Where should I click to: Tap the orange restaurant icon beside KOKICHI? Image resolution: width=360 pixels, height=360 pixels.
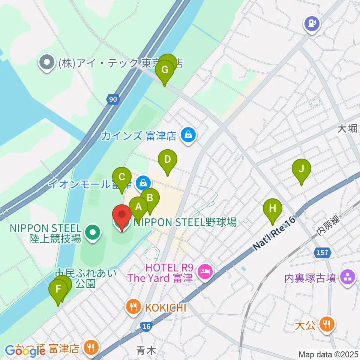[x=133, y=307]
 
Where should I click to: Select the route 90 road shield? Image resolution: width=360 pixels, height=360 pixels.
[x=113, y=99]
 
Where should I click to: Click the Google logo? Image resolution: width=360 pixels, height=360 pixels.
[x=25, y=350]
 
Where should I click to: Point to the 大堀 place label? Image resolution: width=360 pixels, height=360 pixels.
[x=347, y=129]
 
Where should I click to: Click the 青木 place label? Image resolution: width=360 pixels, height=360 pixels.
[x=146, y=350]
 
